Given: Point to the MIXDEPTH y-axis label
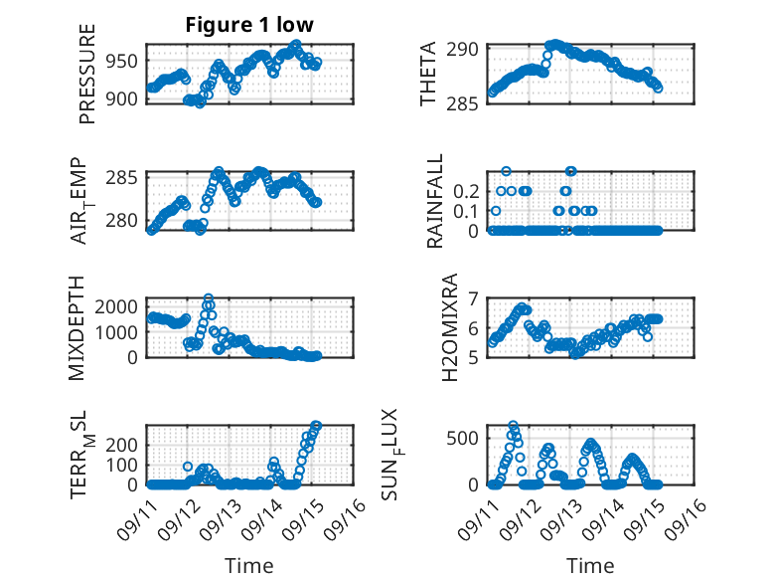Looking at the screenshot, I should (77, 326).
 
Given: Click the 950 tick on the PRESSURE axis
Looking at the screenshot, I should (123, 61).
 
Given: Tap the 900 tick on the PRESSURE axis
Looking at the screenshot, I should (123, 98).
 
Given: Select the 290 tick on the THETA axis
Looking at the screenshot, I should (467, 48).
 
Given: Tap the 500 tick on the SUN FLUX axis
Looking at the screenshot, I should (467, 437).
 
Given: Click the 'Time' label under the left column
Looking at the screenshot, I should (249, 565).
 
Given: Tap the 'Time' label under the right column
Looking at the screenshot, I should (590, 565).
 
